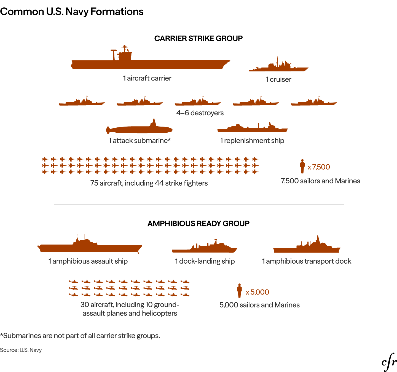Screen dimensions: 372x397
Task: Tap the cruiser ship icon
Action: point(278,68)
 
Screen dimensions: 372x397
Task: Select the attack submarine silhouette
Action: point(139,129)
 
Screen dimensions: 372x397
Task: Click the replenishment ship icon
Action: point(252,129)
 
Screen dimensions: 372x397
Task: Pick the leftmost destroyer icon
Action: point(82,103)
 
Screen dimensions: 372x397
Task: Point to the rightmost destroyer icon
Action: point(314,103)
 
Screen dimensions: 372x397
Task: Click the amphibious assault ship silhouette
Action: point(90,248)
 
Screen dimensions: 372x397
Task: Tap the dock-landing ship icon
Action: point(205,249)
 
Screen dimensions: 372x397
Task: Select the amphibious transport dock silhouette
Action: point(307,248)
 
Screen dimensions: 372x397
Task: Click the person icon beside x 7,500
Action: point(302,166)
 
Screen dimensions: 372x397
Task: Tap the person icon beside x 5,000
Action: point(239,291)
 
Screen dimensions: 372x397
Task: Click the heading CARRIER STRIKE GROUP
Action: point(198,38)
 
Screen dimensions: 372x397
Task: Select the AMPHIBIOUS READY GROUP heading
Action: point(198,223)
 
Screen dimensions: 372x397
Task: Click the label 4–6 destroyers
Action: point(200,113)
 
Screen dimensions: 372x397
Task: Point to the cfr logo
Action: point(389,362)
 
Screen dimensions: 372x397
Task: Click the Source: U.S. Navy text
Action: point(21,350)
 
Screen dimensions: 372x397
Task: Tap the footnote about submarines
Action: point(80,336)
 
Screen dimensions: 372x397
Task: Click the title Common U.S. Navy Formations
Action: point(72,12)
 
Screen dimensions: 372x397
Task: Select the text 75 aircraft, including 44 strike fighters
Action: point(149,183)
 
